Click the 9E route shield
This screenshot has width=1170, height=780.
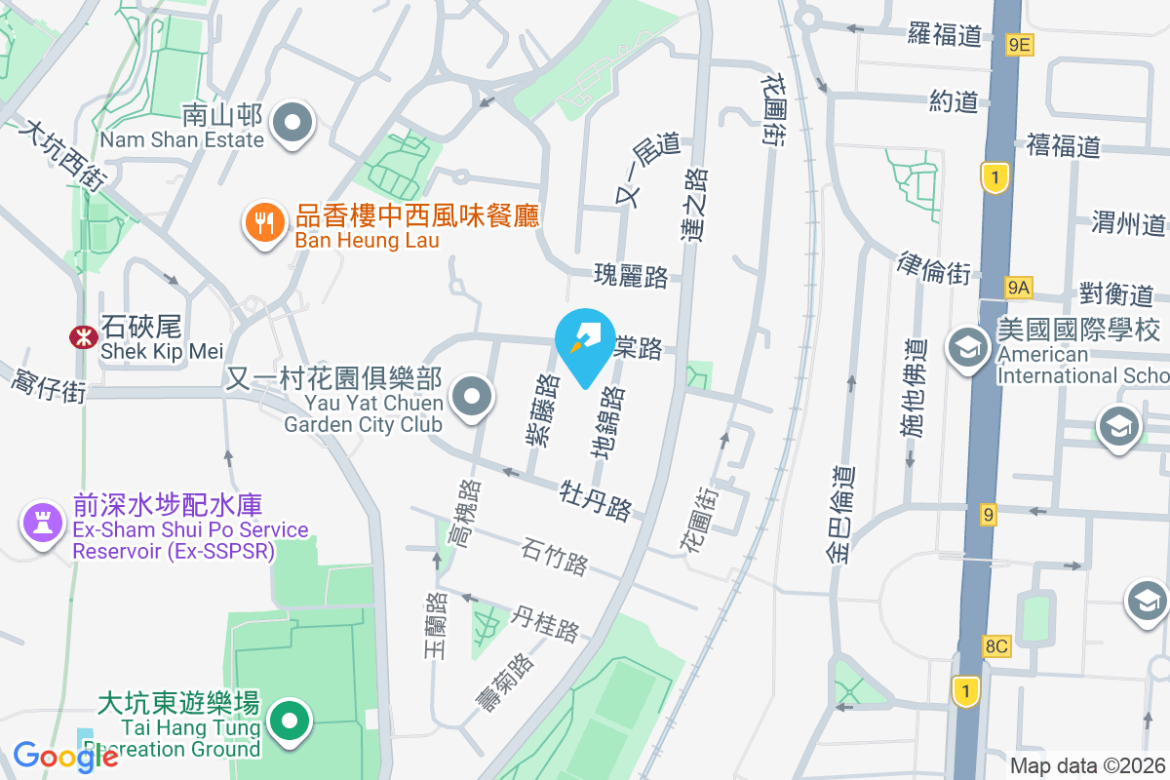[1020, 44]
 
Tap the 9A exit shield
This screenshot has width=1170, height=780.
[1019, 287]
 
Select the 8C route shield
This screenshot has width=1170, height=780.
[996, 644]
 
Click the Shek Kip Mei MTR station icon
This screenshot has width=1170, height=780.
[82, 337]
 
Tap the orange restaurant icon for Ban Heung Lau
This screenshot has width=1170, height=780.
[263, 223]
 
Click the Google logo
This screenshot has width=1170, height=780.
[65, 757]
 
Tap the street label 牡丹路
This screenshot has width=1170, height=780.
[596, 498]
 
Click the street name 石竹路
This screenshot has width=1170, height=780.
[555, 555]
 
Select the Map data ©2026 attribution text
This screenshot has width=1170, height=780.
[1088, 766]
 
